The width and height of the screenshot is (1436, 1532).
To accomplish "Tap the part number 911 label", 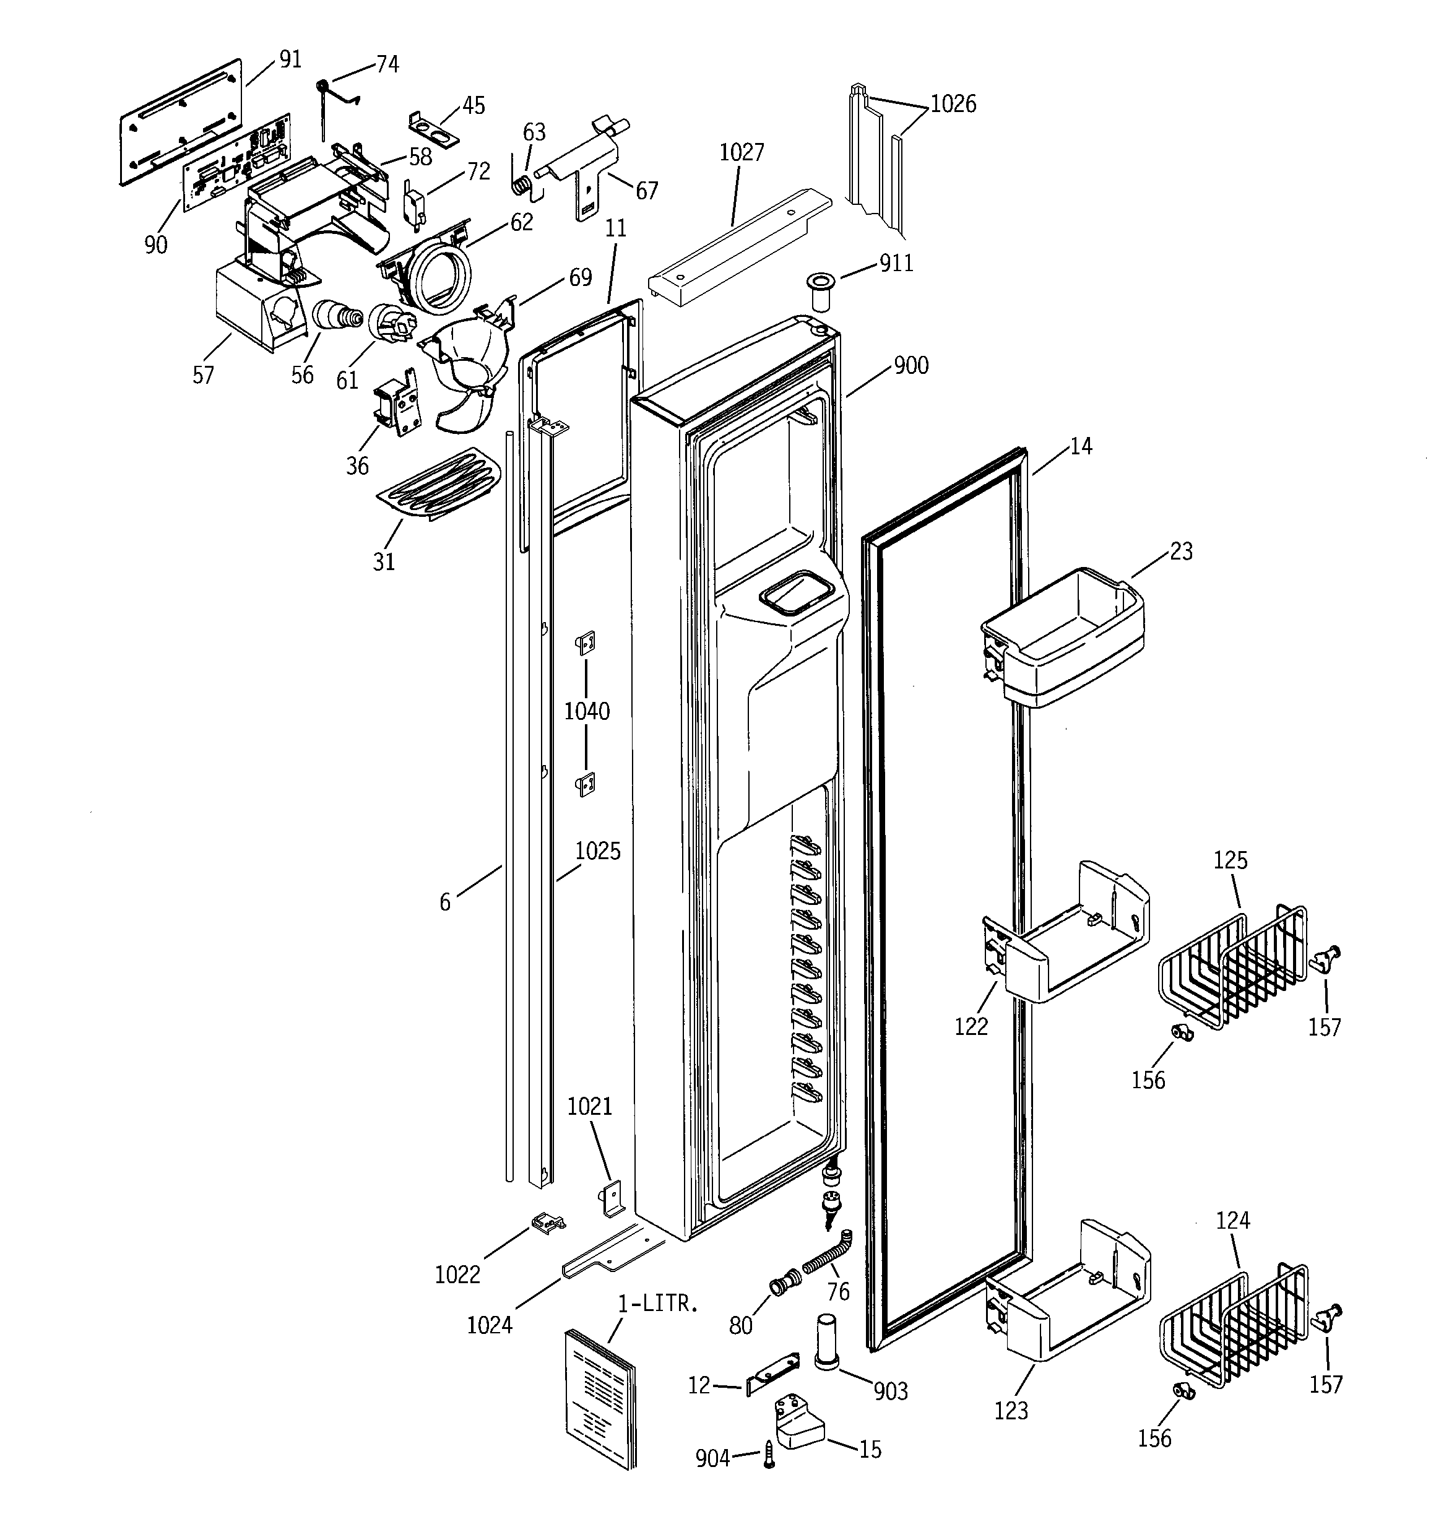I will click(x=896, y=264).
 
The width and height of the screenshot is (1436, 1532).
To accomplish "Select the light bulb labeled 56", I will click(x=336, y=318).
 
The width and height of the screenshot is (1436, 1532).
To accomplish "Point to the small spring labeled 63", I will click(x=522, y=185).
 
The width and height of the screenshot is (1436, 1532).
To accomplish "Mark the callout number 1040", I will click(x=587, y=711).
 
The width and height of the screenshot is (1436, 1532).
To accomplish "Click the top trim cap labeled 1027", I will click(x=740, y=242).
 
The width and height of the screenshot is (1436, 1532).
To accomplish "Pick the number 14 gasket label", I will click(x=1081, y=446).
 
